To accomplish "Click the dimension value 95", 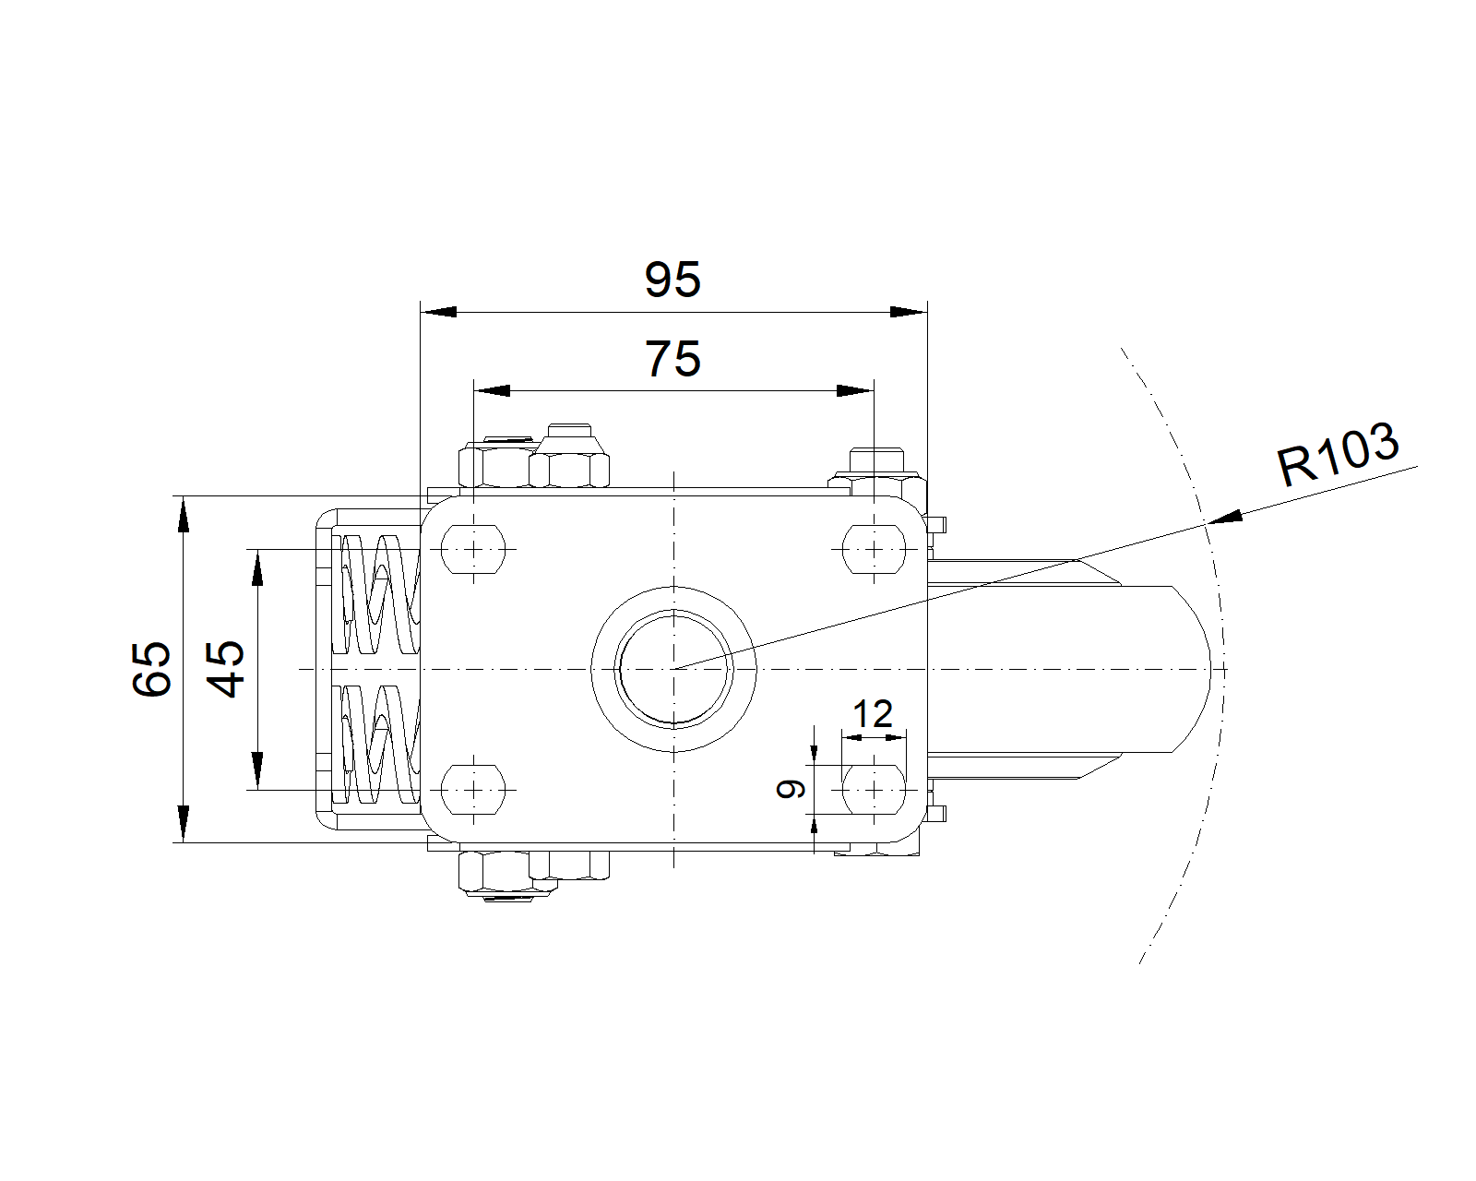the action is click(x=673, y=280).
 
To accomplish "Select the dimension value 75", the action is click(x=673, y=359).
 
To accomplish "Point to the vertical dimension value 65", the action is click(x=151, y=669).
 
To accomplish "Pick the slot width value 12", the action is click(x=873, y=714).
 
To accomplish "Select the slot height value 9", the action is click(x=791, y=789).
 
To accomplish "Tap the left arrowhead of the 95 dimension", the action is click(x=439, y=312).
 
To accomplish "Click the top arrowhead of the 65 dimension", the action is click(x=184, y=514).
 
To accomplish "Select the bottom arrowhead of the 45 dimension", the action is click(x=257, y=771).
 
